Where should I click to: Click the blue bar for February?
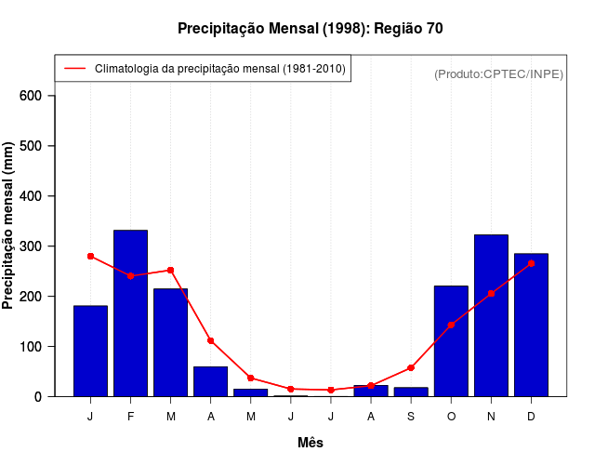coord(130,312)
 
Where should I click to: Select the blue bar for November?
coord(491,315)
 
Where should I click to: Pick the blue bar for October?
coord(451,340)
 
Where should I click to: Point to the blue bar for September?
coord(411,392)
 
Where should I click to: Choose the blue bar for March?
coord(170,342)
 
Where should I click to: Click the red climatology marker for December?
coord(531,263)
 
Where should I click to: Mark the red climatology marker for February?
coord(130,275)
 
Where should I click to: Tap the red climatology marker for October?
coord(451,325)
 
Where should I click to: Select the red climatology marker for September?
coord(411,367)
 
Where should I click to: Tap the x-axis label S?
coord(411,416)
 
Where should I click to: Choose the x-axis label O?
coord(451,416)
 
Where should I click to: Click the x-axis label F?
coord(130,416)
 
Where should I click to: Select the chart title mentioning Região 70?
coord(311,29)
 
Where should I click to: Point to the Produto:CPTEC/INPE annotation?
coord(498,73)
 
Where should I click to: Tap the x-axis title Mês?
coord(311,443)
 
